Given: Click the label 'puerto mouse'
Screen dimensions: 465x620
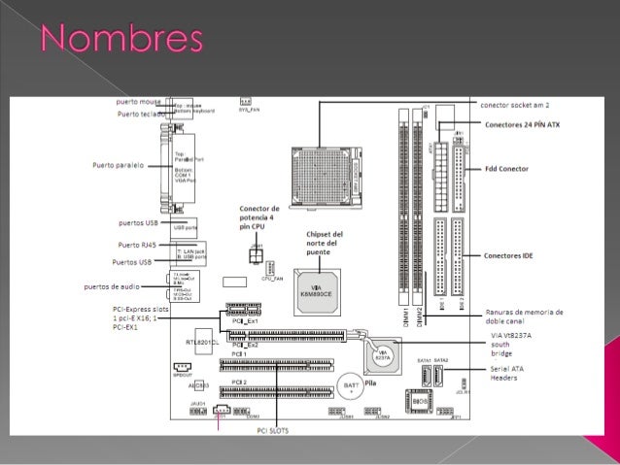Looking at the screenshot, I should [x=139, y=101].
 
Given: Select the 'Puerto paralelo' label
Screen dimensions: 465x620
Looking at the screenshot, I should [x=119, y=165].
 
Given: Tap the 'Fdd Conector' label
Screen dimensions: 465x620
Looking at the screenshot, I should [x=506, y=169].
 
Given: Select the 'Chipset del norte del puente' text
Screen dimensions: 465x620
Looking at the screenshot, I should [x=324, y=243].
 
